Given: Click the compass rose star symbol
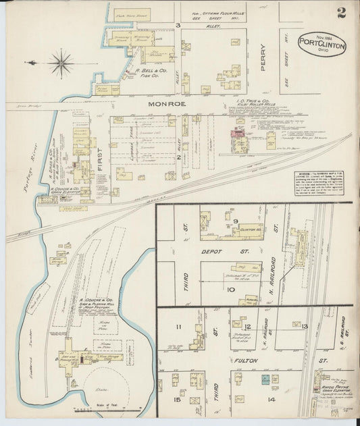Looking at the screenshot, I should [x=61, y=63].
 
